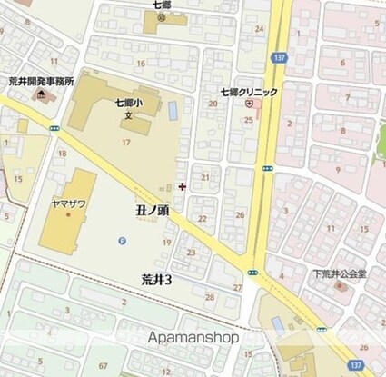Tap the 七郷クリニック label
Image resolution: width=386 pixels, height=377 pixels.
[248, 92]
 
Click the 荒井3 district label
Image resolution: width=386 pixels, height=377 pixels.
[156, 279]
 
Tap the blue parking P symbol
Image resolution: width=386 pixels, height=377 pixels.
[123, 240]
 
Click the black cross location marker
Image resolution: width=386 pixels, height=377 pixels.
[183, 186]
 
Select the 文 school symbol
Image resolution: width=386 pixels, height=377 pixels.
[128, 115]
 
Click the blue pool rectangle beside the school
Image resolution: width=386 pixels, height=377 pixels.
[173, 111]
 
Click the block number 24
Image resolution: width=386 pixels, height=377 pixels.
[260, 29]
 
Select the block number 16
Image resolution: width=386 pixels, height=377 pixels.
[140, 63]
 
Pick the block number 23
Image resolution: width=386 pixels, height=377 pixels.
[192, 253]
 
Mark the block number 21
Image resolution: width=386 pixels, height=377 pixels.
[206, 176]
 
